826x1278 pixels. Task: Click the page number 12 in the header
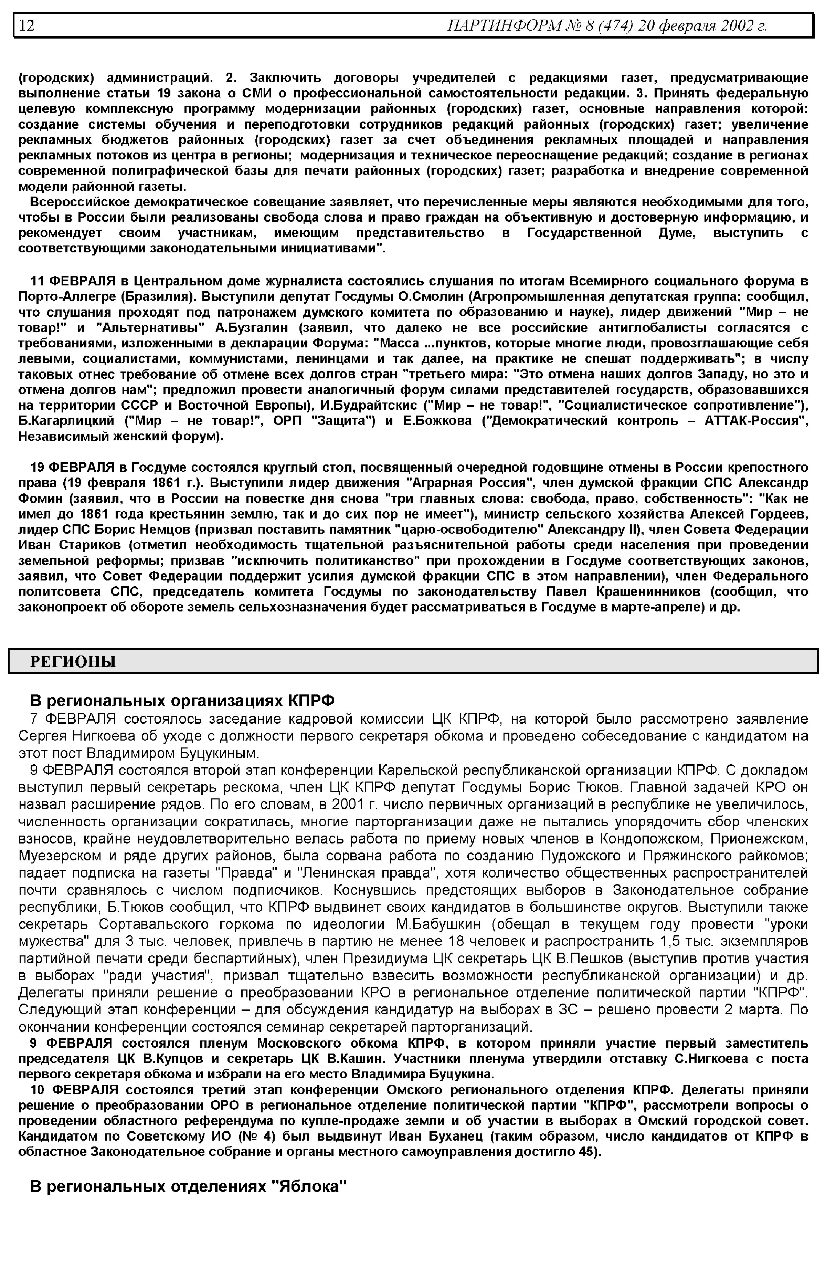click(x=27, y=26)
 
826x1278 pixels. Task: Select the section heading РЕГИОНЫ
click(x=73, y=661)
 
